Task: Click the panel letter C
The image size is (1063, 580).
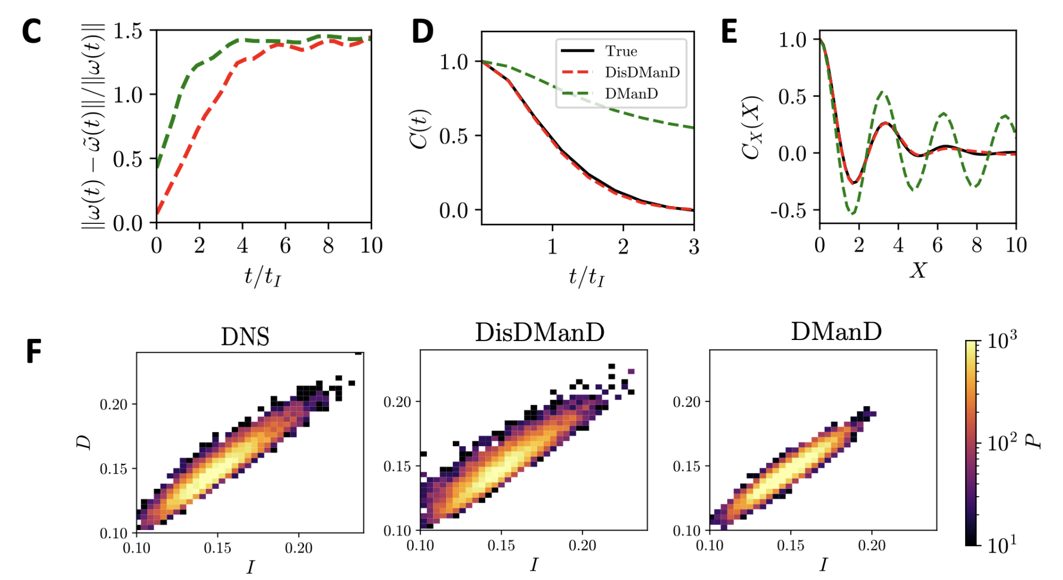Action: [x=32, y=32]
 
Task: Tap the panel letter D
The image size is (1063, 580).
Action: [x=422, y=32]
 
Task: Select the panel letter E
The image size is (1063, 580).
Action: [x=729, y=32]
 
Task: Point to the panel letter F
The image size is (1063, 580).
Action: [x=33, y=352]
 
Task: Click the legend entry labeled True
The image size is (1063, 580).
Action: [x=621, y=51]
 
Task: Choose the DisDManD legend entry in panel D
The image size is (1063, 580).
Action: [x=642, y=72]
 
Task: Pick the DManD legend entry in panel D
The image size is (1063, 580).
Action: [x=631, y=93]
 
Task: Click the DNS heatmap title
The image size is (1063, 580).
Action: [x=245, y=337]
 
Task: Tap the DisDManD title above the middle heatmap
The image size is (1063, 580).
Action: [x=540, y=332]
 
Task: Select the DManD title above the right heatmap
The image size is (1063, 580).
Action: [x=836, y=332]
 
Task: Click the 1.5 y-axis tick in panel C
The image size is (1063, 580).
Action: [x=127, y=31]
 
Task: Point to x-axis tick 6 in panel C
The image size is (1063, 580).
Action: [x=285, y=246]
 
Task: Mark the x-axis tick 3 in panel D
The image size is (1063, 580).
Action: [x=693, y=247]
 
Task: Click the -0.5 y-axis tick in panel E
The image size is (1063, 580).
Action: [x=788, y=211]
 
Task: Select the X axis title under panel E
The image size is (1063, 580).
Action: [x=918, y=271]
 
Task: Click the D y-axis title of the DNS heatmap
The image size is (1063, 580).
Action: [x=84, y=442]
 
